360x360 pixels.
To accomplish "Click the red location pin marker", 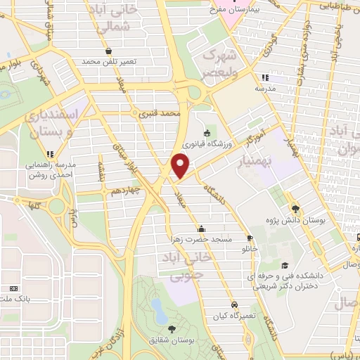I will tap(181, 167).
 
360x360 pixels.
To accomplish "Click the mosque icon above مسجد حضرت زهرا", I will tap(202, 228).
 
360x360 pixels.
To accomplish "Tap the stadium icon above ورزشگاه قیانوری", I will tap(206, 134).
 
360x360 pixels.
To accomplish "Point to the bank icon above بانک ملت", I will tap(13, 288).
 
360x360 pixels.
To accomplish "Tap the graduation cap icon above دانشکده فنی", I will tap(284, 265).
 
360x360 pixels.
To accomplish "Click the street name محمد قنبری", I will tap(161, 112).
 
